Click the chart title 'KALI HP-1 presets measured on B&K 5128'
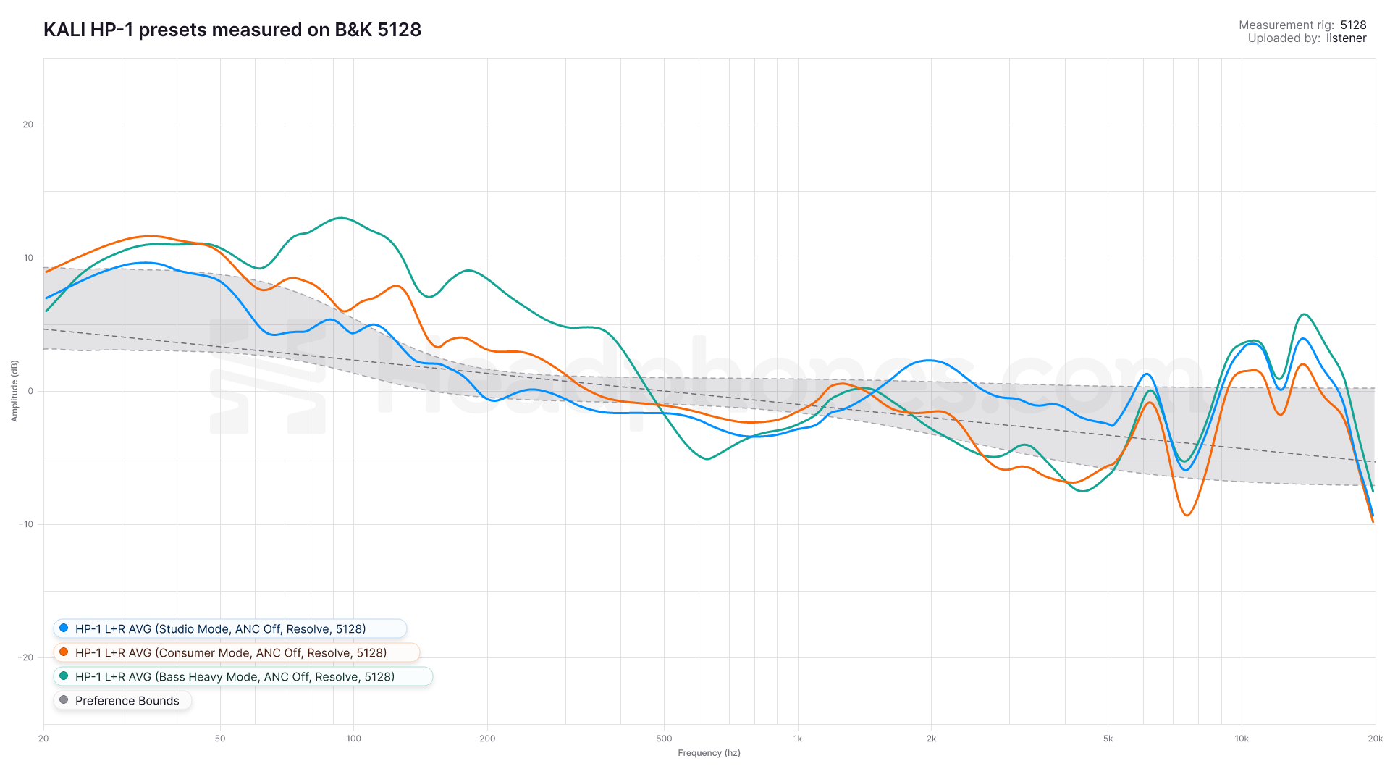(x=232, y=30)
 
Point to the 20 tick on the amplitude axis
(x=28, y=125)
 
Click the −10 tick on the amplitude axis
(x=27, y=524)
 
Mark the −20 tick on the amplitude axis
(x=27, y=657)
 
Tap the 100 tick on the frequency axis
(x=353, y=739)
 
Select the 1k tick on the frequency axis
(x=798, y=739)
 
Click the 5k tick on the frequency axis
(x=1108, y=739)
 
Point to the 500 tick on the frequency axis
(x=664, y=739)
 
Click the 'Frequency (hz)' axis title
(x=709, y=753)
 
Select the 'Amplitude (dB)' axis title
(x=14, y=391)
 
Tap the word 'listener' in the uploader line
(x=1346, y=38)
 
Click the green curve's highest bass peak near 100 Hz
(x=340, y=218)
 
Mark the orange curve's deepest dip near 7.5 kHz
(x=1187, y=516)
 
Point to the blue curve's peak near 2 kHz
(x=929, y=360)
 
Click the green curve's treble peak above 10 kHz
(x=1304, y=314)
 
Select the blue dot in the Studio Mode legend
(x=64, y=628)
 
